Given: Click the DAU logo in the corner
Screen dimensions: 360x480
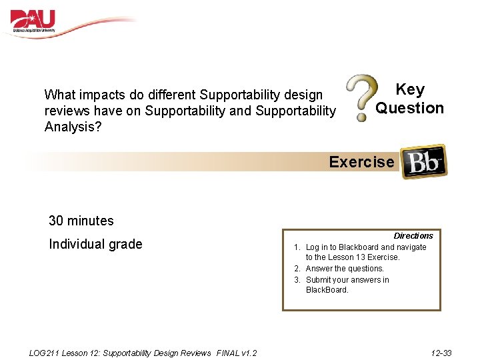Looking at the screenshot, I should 33,21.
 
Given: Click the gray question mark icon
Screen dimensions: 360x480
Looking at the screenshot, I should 361,98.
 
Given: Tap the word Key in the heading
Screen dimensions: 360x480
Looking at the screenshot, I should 409,89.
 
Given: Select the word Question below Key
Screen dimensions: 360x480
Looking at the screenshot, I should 409,108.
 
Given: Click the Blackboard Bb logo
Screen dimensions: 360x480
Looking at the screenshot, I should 424,161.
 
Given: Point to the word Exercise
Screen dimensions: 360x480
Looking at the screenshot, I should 361,162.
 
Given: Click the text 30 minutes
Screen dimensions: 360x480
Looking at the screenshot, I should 81,221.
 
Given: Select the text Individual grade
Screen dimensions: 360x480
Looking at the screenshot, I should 95,244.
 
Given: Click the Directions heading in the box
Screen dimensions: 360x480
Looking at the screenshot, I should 413,236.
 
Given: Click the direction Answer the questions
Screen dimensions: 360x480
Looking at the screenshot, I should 345,269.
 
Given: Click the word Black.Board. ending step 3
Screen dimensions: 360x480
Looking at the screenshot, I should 327,290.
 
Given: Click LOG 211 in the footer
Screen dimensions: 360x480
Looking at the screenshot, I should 44,353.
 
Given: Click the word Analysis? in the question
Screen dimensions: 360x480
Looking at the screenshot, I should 73,126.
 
